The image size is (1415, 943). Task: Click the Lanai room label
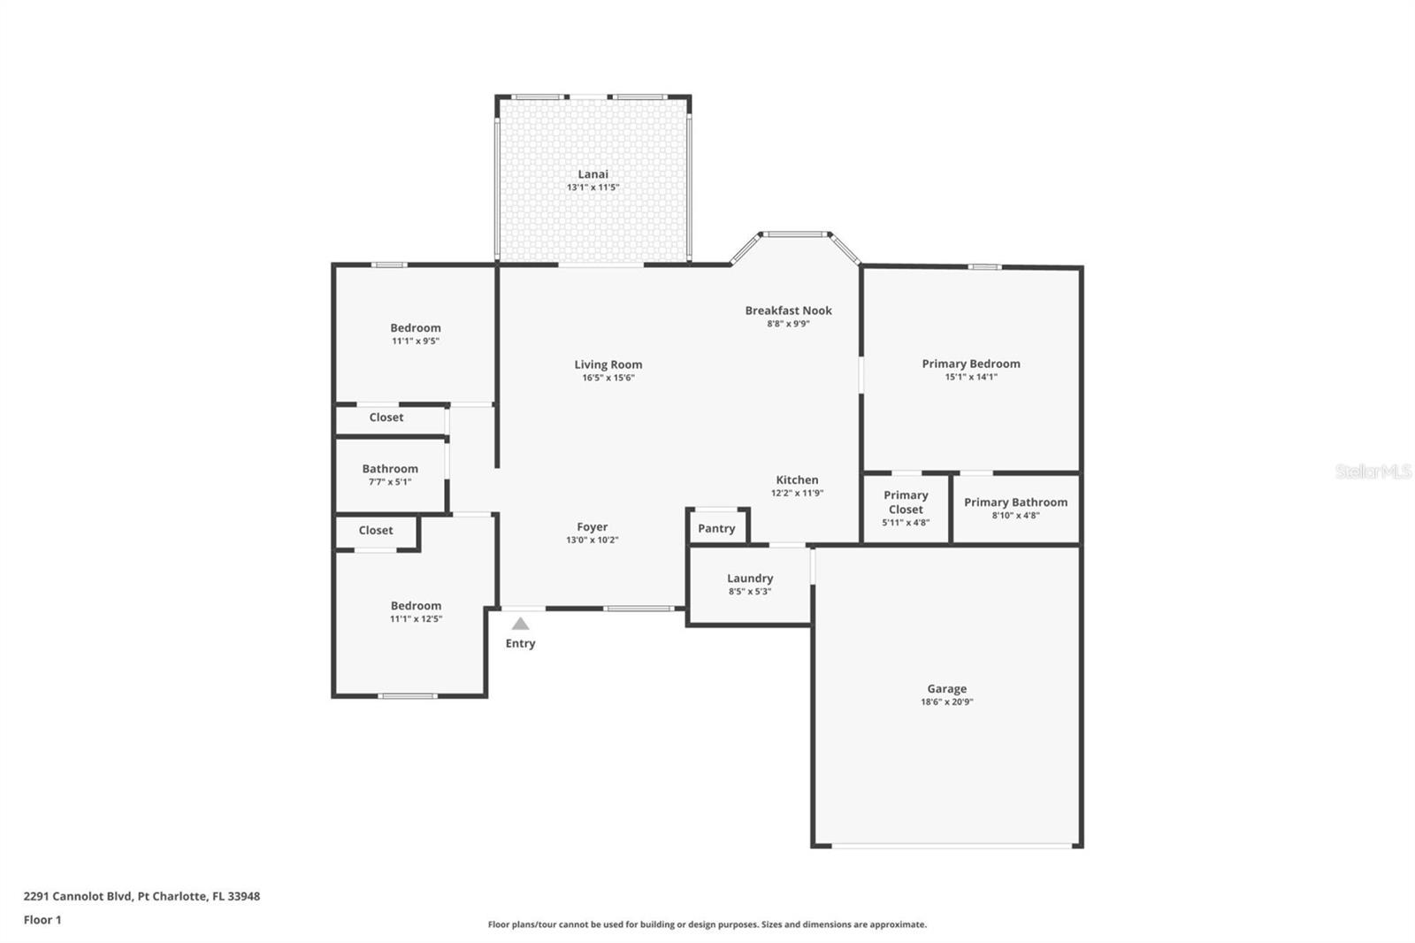click(593, 174)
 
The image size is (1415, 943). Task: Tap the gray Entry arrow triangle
click(521, 624)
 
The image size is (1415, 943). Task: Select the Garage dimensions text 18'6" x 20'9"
click(946, 702)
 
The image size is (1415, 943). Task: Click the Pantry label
click(716, 529)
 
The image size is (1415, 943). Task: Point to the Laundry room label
click(750, 579)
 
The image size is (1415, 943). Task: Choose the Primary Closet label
click(906, 502)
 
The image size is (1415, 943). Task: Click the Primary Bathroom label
click(1015, 502)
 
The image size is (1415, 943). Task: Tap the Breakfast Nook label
click(788, 310)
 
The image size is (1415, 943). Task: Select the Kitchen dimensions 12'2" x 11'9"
click(797, 494)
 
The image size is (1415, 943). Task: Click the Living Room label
click(608, 364)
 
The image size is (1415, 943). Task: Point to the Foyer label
click(592, 527)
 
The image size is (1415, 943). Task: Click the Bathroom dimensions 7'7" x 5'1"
click(390, 482)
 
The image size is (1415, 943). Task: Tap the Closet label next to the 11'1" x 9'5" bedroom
click(386, 418)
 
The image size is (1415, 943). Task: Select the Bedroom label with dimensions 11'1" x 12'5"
click(416, 606)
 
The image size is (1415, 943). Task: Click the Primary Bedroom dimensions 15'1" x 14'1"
click(970, 377)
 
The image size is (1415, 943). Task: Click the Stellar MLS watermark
click(1373, 471)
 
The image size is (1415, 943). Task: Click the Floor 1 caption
click(42, 920)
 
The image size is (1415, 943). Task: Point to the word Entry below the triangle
click(520, 644)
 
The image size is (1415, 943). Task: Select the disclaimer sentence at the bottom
click(707, 924)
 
